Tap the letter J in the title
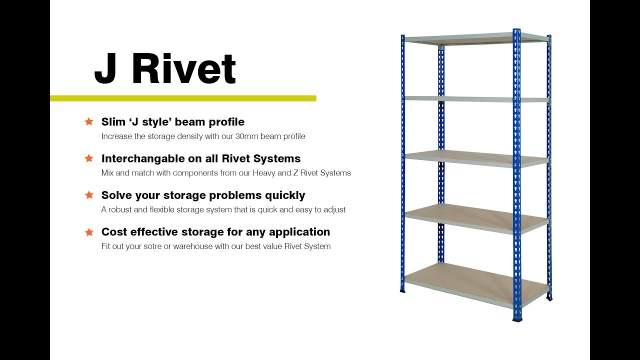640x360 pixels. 105,69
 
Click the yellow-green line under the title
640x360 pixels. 183,98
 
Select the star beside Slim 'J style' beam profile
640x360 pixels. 89,121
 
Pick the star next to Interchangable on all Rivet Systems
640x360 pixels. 89,158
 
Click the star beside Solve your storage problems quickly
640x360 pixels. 89,195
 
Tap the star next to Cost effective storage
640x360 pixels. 89,232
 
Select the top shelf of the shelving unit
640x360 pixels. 475,38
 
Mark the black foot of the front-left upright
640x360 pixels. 402,289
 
